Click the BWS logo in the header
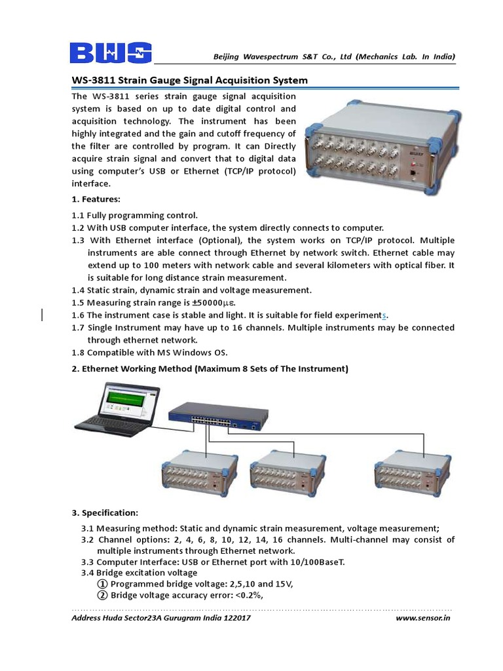[x=111, y=52]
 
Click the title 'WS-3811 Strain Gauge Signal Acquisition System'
[x=189, y=81]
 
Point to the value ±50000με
[x=212, y=302]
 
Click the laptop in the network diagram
[x=125, y=410]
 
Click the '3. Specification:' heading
[x=104, y=512]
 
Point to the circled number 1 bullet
[x=102, y=584]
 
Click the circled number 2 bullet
[x=102, y=595]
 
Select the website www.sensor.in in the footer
[x=424, y=618]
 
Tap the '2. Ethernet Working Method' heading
[x=210, y=369]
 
